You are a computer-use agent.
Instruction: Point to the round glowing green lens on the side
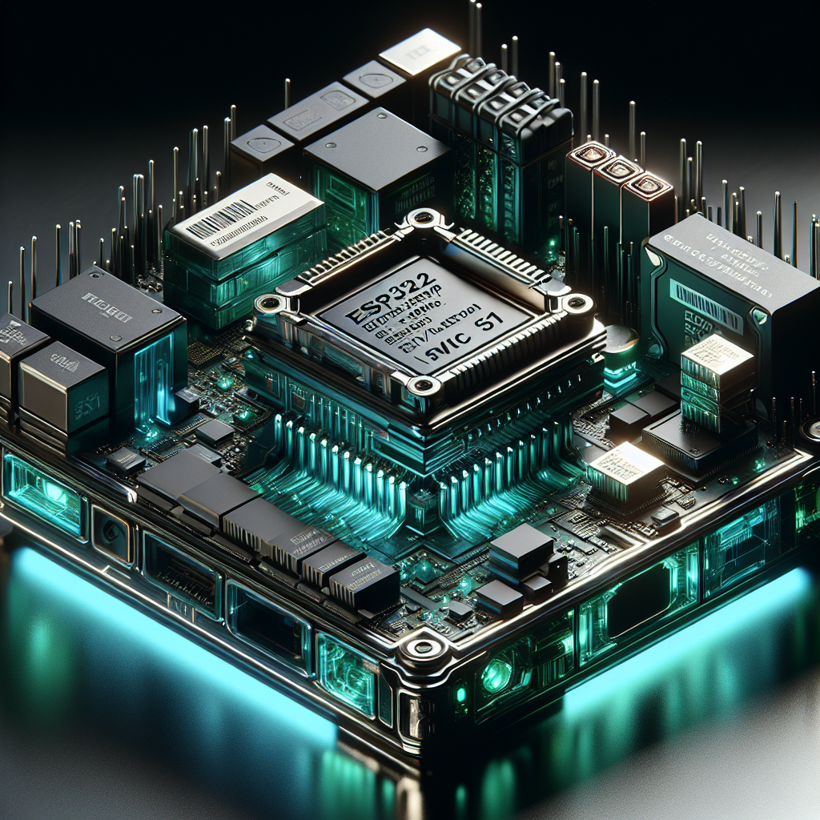tap(496, 677)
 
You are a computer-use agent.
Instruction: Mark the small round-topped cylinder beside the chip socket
tap(621, 345)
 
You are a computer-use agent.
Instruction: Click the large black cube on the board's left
tap(104, 320)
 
